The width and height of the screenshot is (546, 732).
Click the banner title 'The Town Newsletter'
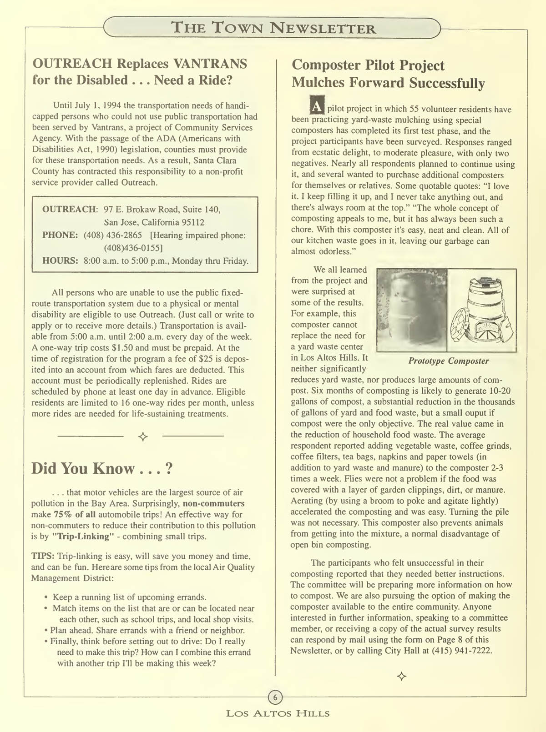point(273,28)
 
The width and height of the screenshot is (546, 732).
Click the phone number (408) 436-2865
point(113,235)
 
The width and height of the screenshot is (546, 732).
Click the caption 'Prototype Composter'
point(448,361)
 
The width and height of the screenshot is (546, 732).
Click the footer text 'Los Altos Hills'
point(278,713)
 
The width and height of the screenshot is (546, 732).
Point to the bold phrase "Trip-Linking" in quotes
point(81,536)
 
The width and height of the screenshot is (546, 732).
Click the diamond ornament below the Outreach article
point(143,437)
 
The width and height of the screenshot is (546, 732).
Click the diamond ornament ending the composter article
point(401,676)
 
